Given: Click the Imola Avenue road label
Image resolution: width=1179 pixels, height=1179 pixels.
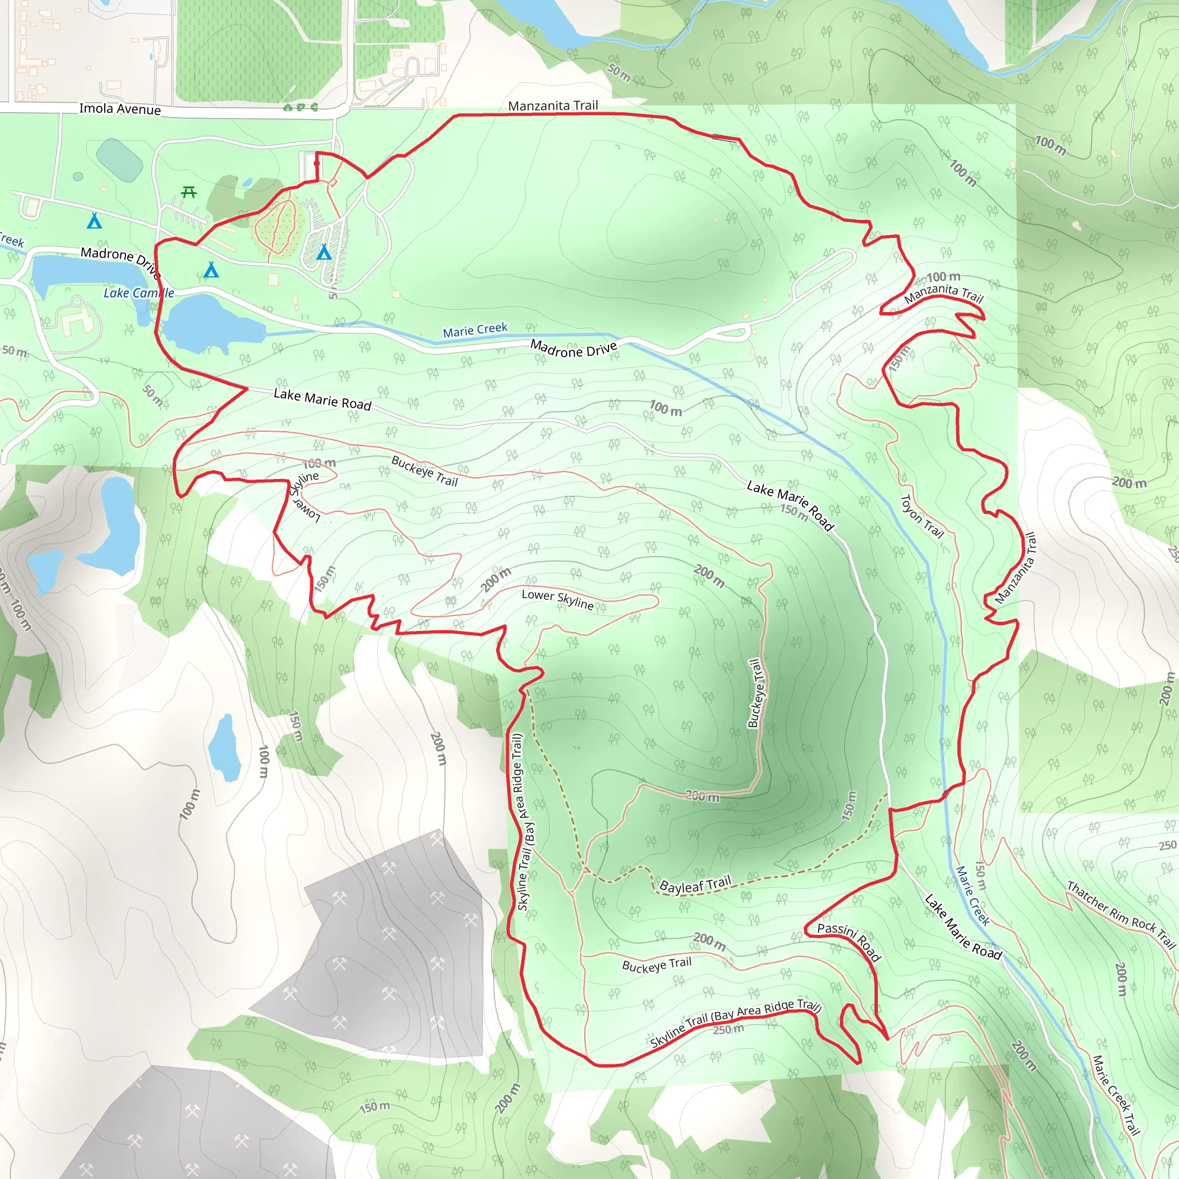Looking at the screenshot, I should click(120, 109).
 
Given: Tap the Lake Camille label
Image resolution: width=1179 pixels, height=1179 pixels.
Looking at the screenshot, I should click(139, 293).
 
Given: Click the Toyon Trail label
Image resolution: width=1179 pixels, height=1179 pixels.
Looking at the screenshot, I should click(922, 516).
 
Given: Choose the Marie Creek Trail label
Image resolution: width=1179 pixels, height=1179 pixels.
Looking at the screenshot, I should click(1116, 1095).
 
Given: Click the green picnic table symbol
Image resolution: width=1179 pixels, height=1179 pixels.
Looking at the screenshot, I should click(189, 193).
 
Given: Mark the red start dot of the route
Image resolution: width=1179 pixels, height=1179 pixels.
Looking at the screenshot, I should click(316, 163).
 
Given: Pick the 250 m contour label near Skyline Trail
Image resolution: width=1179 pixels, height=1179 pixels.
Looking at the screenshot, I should click(729, 1029).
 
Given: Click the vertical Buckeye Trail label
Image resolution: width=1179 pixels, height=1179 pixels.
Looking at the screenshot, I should click(755, 693).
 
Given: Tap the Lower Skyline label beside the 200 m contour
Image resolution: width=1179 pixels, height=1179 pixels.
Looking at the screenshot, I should click(557, 599).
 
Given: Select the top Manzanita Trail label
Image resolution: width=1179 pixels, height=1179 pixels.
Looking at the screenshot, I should click(553, 105).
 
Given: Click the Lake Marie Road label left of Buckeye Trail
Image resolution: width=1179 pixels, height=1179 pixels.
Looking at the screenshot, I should click(322, 399).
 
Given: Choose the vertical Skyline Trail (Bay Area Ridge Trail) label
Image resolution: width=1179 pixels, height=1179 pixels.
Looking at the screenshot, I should click(520, 822).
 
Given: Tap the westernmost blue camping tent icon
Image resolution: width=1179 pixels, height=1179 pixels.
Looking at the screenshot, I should click(94, 220).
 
